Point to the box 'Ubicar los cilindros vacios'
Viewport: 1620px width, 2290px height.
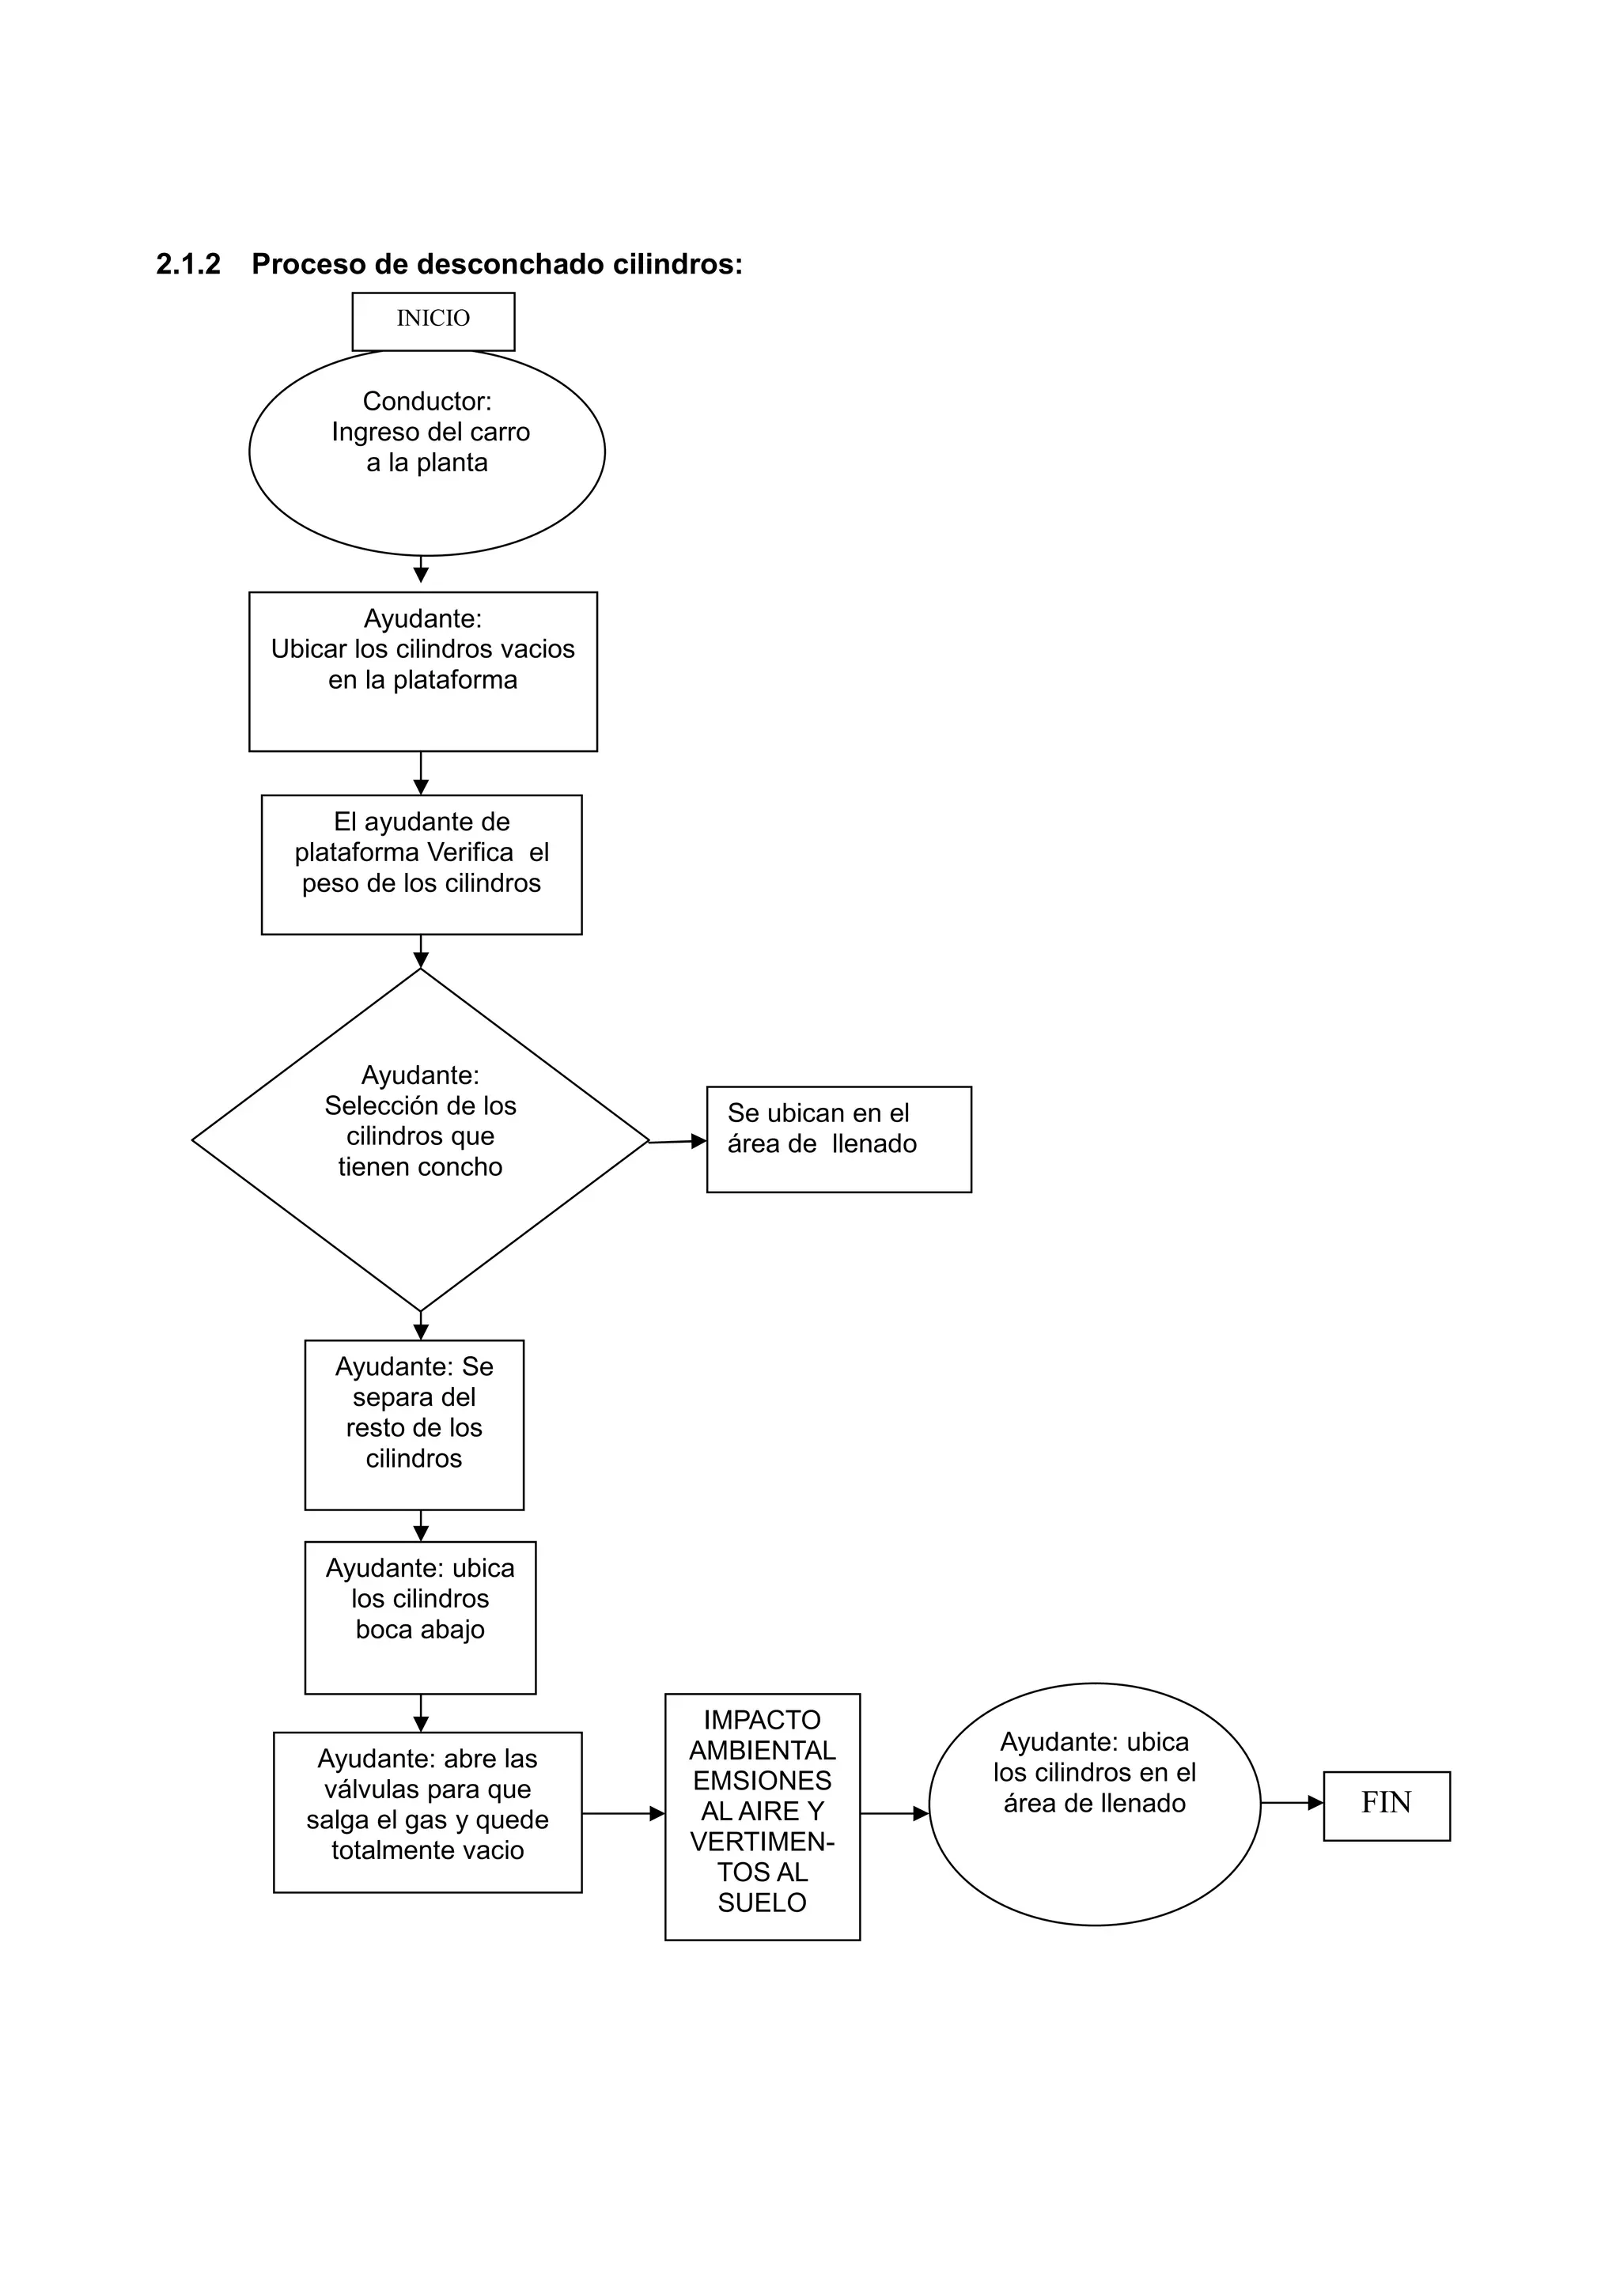pyautogui.click(x=423, y=671)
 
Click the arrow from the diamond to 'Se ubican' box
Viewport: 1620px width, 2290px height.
pyautogui.click(x=679, y=1142)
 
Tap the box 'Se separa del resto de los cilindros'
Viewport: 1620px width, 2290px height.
pyautogui.click(x=414, y=1425)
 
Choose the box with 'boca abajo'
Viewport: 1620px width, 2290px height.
pyautogui.click(x=420, y=1617)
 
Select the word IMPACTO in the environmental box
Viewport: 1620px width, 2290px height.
pyautogui.click(x=762, y=1720)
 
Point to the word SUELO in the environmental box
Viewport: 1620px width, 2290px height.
pyautogui.click(x=762, y=1903)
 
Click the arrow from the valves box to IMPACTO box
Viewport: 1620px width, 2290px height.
pyautogui.click(x=623, y=1813)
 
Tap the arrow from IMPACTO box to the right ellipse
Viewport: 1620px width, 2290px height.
pyautogui.click(x=894, y=1813)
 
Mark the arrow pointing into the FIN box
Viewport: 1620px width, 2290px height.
pyautogui.click(x=1292, y=1803)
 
